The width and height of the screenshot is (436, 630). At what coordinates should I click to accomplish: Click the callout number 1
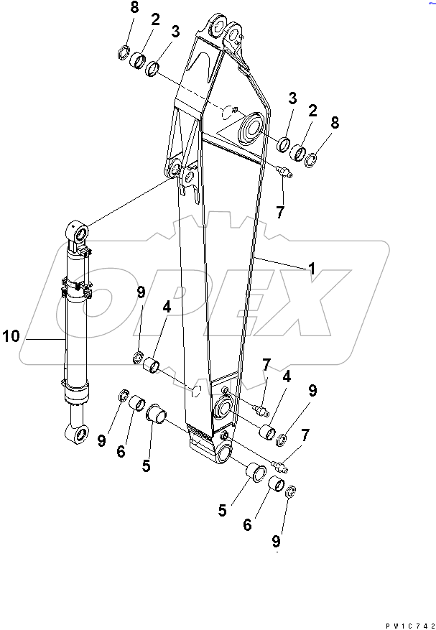[x=312, y=269]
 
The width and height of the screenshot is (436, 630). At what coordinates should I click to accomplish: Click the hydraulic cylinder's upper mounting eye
[x=78, y=233]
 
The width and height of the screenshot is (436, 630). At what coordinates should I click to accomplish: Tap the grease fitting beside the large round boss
[x=283, y=170]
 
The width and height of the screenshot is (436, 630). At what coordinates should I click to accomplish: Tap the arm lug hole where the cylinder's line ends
[x=175, y=170]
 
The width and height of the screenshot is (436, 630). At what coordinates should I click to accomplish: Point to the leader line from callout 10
[x=40, y=338]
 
